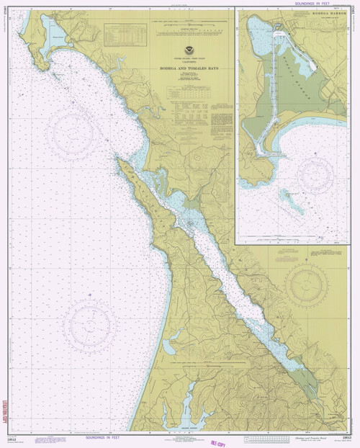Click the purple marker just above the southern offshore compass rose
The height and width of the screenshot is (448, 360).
click(86, 295)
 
